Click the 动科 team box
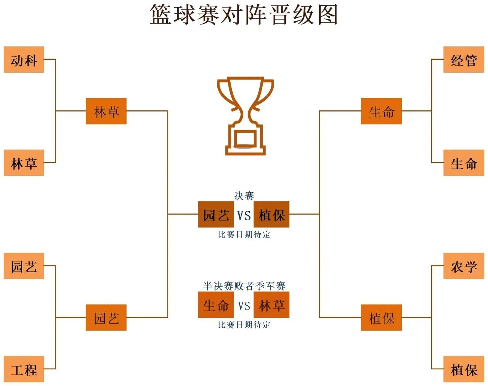(24, 60)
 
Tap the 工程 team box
(24, 369)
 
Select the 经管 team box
(464, 60)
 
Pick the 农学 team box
(464, 266)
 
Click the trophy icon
(245, 116)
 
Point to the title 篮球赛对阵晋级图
(244, 15)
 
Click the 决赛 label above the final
(244, 196)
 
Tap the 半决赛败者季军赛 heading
(244, 286)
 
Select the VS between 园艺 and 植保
(244, 215)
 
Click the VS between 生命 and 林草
(244, 305)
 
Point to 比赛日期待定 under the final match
(244, 234)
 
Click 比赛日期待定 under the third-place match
(244, 325)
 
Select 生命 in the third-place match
(216, 305)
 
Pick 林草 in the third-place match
(271, 305)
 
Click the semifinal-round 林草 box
(106, 111)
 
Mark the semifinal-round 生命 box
(381, 111)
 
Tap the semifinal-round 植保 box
(381, 317)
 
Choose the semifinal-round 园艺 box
(106, 317)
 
